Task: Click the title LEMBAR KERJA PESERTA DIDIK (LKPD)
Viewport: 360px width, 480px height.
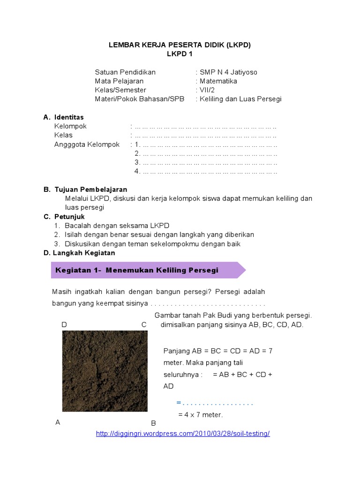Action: pos(180,45)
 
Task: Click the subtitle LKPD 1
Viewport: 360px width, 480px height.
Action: pos(180,54)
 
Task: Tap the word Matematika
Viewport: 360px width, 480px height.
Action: pos(218,81)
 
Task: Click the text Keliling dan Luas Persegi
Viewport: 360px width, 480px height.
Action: pos(240,99)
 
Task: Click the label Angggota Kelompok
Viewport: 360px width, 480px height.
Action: pos(87,144)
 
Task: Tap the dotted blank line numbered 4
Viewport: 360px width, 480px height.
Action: pos(206,172)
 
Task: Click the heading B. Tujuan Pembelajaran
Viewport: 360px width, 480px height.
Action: pos(85,190)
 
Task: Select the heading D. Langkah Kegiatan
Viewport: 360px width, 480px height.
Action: pos(79,253)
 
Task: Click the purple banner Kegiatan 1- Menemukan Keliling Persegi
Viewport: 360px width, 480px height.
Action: pos(147,270)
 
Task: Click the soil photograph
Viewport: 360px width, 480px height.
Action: pos(105,371)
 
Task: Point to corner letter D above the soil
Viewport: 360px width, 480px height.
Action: pos(64,325)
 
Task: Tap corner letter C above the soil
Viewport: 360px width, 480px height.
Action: pos(144,325)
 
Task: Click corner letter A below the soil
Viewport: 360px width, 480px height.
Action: pos(58,422)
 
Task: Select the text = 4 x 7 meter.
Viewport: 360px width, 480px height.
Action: pos(201,415)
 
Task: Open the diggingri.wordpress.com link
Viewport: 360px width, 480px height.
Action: pos(183,434)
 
